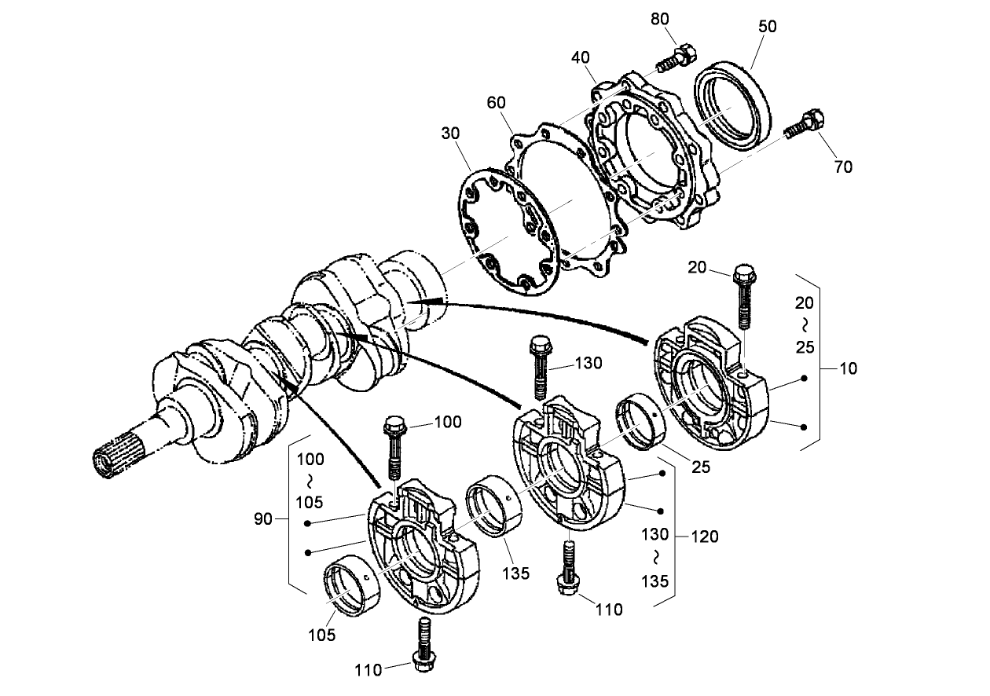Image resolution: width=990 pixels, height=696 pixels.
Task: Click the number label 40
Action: (581, 59)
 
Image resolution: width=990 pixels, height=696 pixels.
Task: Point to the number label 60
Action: (497, 103)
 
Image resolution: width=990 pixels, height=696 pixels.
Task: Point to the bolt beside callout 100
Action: (394, 449)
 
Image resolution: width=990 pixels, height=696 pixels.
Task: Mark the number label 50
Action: (767, 26)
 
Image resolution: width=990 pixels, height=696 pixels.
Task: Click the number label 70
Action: (843, 167)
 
